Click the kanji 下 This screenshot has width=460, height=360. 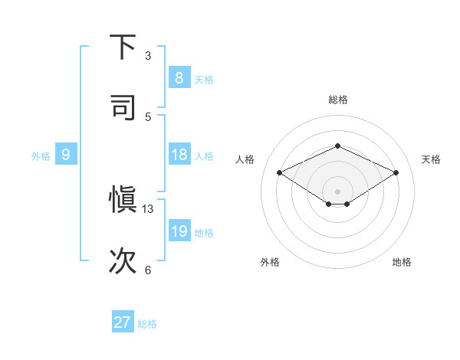123,47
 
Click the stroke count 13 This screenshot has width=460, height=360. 148,209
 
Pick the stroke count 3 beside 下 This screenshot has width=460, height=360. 148,56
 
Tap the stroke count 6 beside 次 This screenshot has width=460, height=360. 148,270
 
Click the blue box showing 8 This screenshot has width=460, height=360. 179,78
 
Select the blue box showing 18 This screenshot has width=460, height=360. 179,155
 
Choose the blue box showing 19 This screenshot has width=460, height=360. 179,231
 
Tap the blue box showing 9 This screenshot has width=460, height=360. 66,155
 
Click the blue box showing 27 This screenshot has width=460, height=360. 122,322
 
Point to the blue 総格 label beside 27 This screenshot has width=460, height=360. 147,324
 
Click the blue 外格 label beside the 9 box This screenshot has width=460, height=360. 41,156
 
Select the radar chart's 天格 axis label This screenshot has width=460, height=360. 431,159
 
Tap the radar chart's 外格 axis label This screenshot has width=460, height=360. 270,262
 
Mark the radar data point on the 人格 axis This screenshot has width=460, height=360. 280,173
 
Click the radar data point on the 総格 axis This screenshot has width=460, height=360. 337,146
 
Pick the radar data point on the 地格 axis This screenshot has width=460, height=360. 347,204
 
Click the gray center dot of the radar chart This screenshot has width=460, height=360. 337,191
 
